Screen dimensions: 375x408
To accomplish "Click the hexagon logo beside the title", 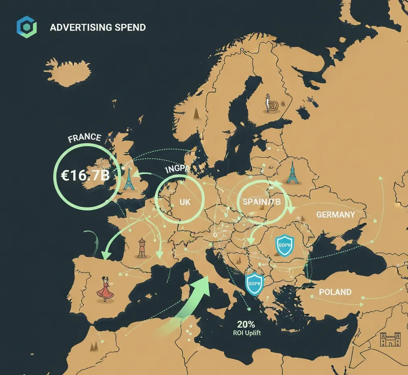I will point(27,27).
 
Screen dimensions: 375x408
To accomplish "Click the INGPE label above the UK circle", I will point(177,170).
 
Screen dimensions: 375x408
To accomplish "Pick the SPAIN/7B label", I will point(260,202).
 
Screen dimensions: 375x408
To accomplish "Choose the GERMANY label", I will point(335,215).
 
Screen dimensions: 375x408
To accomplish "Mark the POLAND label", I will point(335,292).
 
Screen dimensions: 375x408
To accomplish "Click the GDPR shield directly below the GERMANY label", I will point(284,245).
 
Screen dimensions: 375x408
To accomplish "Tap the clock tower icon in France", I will point(142,248).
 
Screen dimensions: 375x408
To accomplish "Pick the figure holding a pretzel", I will point(271,104).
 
